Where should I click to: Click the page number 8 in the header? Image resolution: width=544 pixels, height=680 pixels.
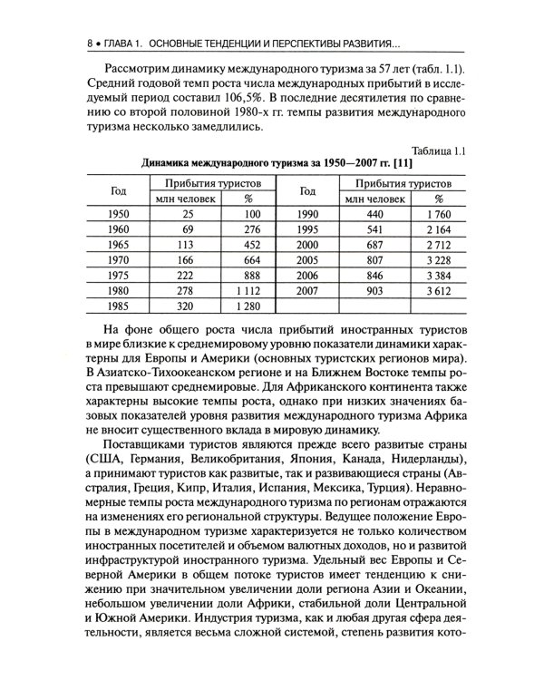[86, 43]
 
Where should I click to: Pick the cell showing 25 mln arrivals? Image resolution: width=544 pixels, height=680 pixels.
[188, 215]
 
